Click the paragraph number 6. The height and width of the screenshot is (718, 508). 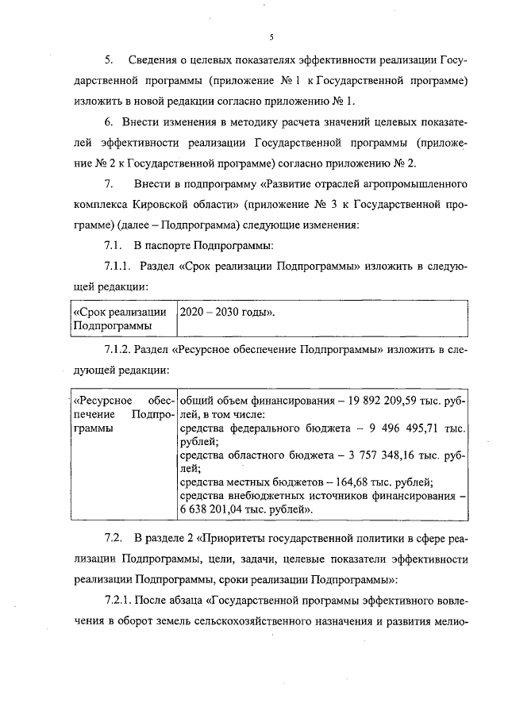(109, 121)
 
